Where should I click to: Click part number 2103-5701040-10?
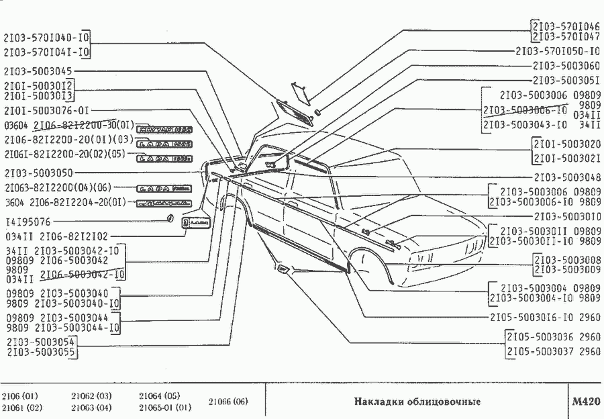[48, 38]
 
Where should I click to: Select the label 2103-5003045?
[38, 71]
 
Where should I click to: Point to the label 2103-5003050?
[38, 173]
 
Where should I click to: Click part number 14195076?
[28, 222]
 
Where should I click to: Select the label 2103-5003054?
[40, 342]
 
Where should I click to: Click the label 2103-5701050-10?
[558, 51]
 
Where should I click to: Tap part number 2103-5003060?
[566, 66]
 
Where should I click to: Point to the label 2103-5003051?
[566, 80]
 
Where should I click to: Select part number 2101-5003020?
[566, 144]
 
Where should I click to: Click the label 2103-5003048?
[566, 178]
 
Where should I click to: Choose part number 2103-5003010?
[566, 216]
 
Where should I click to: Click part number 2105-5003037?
[544, 351]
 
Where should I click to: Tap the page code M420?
[585, 402]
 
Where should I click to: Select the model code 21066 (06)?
[228, 402]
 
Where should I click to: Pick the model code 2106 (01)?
[20, 395]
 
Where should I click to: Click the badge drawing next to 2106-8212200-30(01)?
[164, 128]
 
